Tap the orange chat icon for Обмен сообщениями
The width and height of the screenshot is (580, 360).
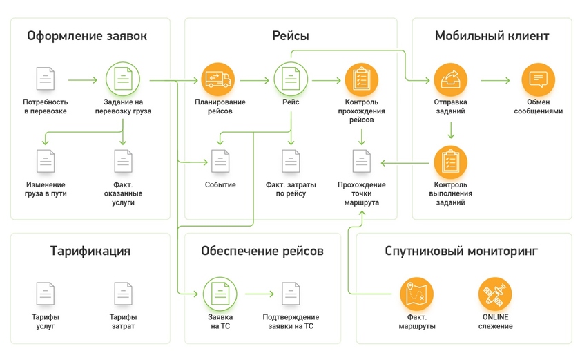(x=538, y=79)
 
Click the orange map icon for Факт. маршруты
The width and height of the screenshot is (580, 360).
(x=417, y=293)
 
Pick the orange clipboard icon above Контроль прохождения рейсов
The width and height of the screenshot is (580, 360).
(x=361, y=79)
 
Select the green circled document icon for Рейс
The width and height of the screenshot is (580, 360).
(x=291, y=79)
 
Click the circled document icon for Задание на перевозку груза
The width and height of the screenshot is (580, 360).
(x=123, y=79)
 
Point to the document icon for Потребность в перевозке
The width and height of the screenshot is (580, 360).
(x=46, y=79)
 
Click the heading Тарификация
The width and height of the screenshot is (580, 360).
(x=90, y=251)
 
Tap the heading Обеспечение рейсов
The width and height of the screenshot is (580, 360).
(x=262, y=251)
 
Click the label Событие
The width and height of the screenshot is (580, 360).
(x=220, y=184)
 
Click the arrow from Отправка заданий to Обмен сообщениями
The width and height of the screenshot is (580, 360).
(x=495, y=80)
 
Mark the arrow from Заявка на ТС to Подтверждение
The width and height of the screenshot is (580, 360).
(x=259, y=293)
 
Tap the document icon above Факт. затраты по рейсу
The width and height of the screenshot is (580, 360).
(x=291, y=162)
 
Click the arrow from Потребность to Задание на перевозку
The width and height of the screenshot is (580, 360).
(x=83, y=80)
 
